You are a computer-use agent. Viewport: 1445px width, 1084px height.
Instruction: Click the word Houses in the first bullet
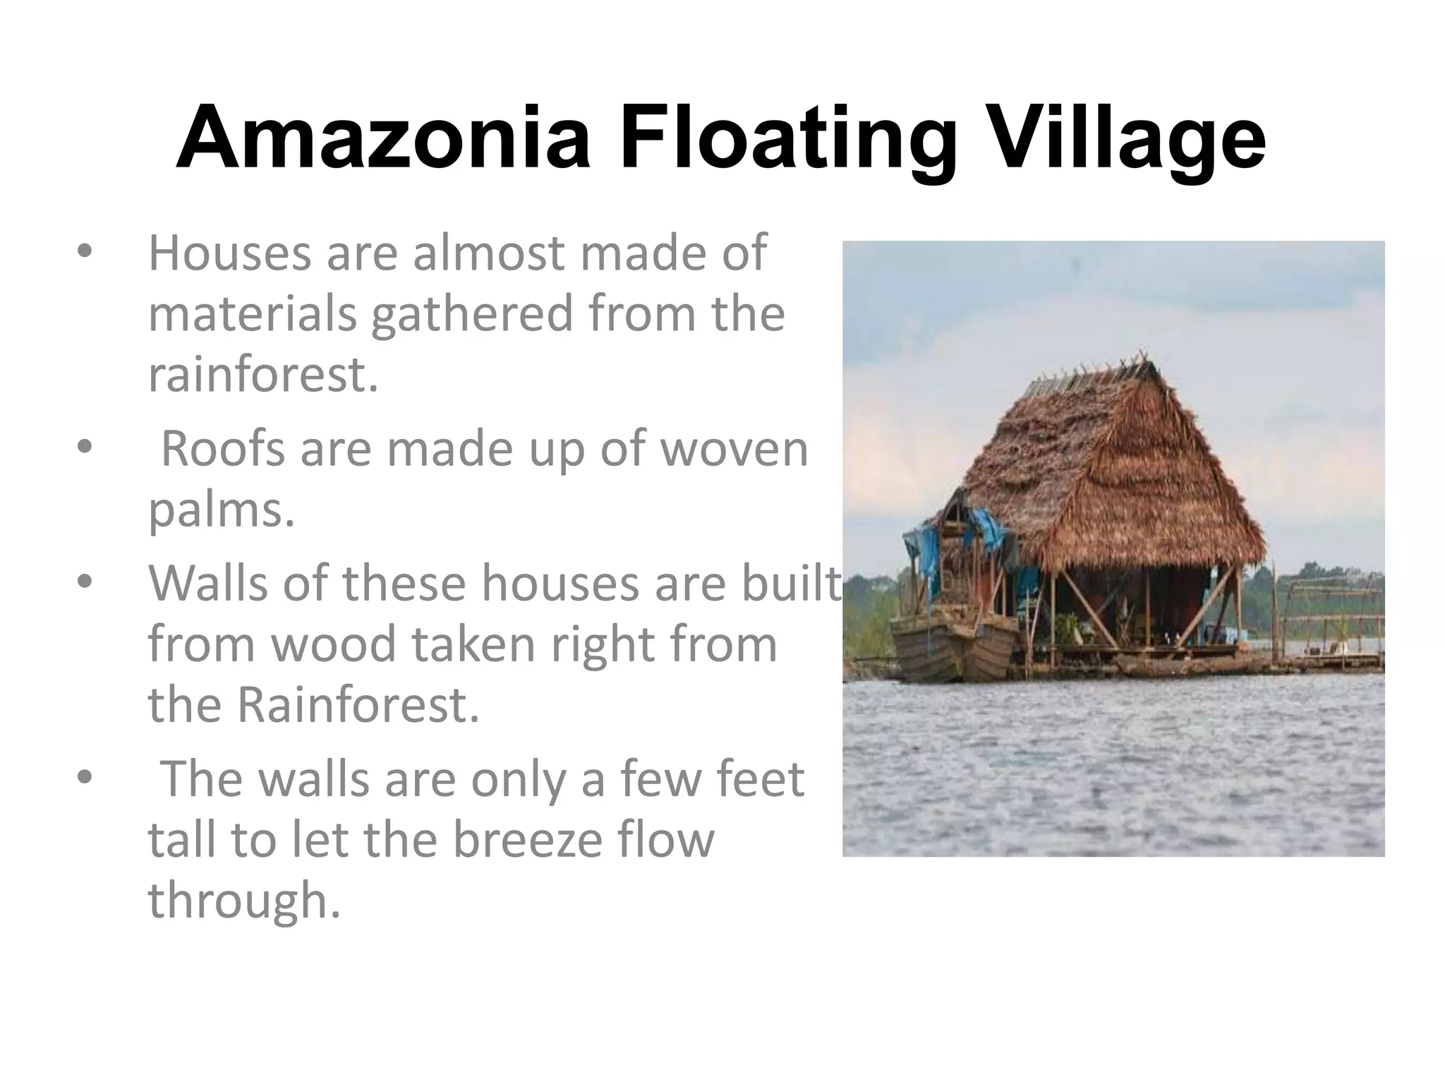click(x=229, y=253)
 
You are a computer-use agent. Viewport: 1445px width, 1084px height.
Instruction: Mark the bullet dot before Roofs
click(x=85, y=447)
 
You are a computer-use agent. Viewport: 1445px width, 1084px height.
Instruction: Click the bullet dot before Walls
click(x=85, y=582)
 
